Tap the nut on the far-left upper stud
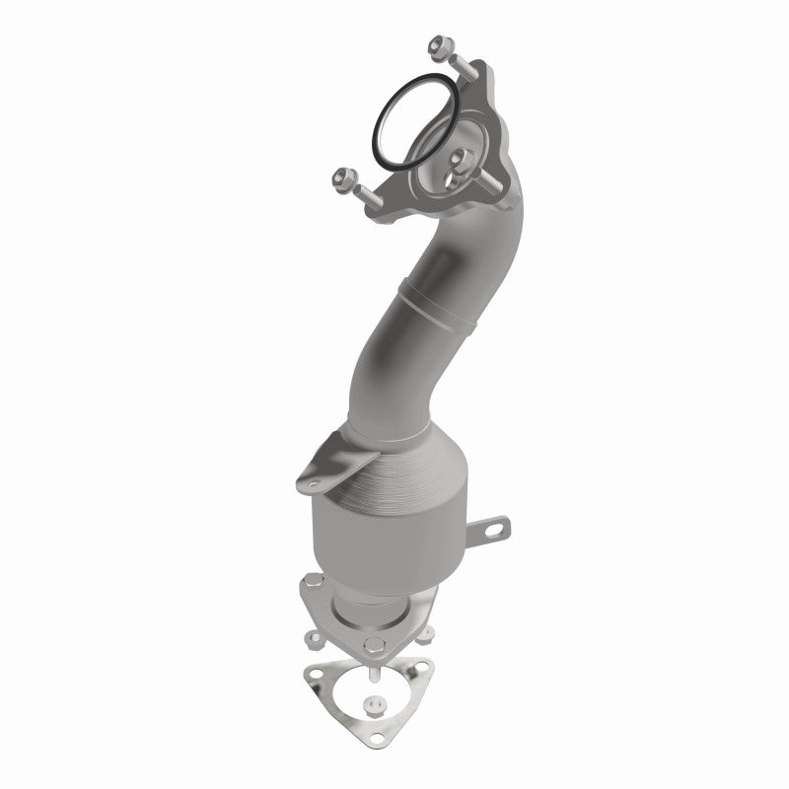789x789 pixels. coord(347,180)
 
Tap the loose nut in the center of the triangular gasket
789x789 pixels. coord(377,706)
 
